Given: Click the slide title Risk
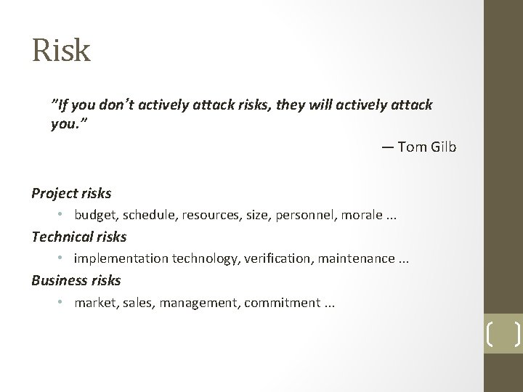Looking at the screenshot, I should pyautogui.click(x=61, y=50).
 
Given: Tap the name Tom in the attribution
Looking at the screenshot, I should pyautogui.click(x=414, y=147).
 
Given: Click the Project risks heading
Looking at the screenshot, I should pyautogui.click(x=71, y=193).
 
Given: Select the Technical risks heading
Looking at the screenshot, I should pyautogui.click(x=78, y=237).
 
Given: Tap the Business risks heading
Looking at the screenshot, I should pyautogui.click(x=76, y=279).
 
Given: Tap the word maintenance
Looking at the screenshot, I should pyautogui.click(x=327, y=258).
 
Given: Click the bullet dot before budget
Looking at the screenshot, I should pyautogui.click(x=63, y=216).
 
